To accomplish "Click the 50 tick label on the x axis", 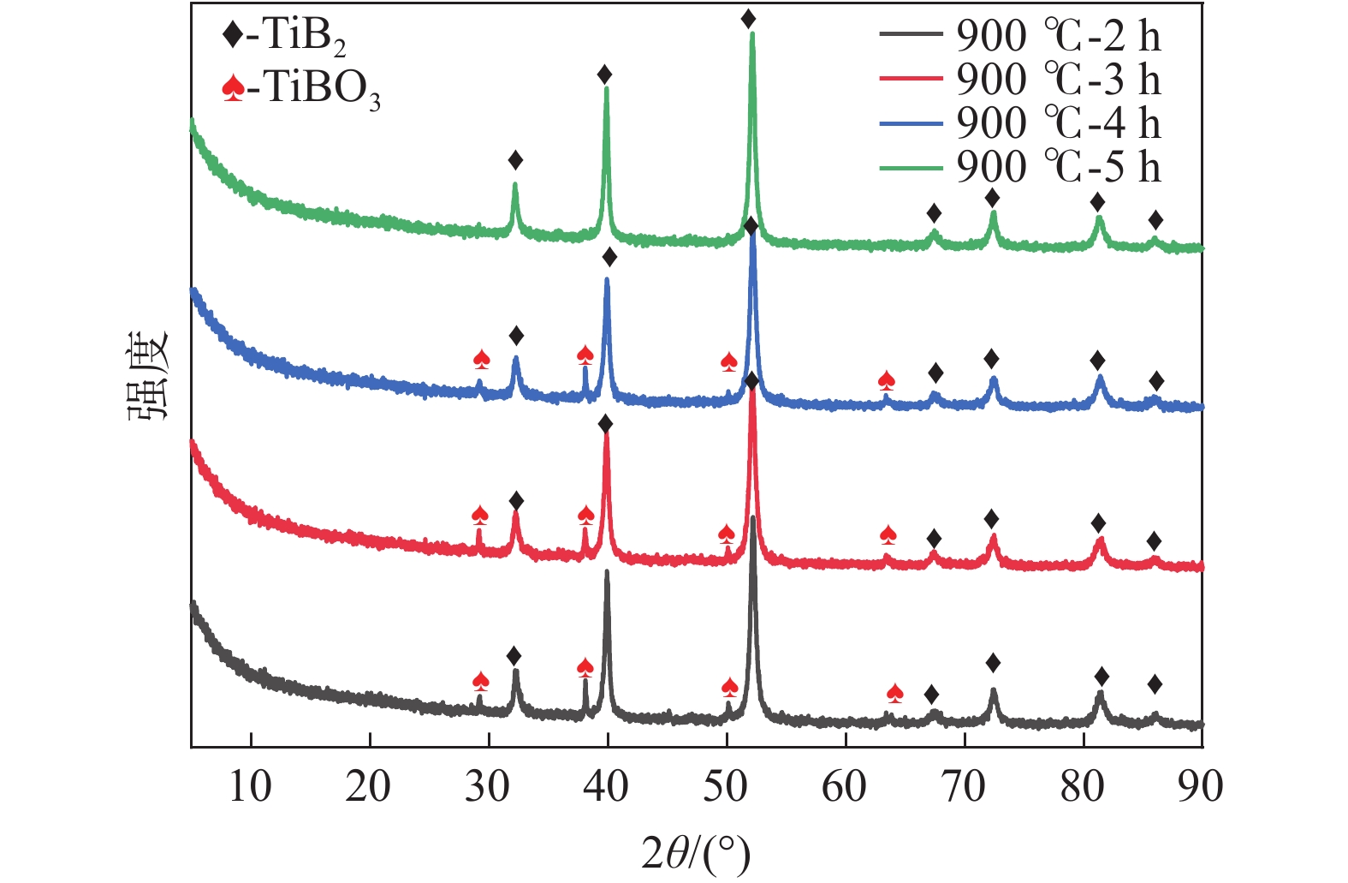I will click(x=726, y=786).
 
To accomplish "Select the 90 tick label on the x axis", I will click(x=1200, y=786).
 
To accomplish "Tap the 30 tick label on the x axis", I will click(x=488, y=786).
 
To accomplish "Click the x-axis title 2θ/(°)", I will click(x=696, y=852).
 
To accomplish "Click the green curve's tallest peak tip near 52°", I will click(x=752, y=34).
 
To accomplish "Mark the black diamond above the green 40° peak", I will click(x=605, y=75).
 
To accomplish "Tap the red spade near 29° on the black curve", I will click(x=480, y=681).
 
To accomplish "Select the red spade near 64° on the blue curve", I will click(x=887, y=379).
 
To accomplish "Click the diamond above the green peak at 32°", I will click(x=515, y=160).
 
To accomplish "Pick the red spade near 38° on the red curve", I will click(x=586, y=515).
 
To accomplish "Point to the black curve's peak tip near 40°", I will click(x=607, y=571).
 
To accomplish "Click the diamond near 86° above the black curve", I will click(x=1155, y=683).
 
